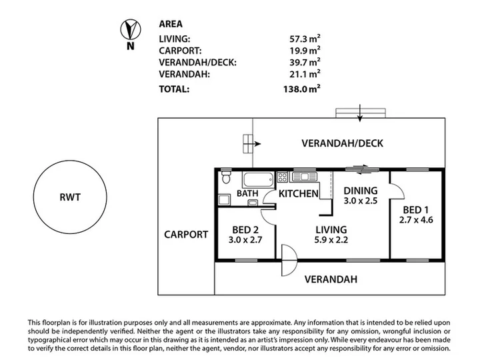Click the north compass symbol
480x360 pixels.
[131, 29]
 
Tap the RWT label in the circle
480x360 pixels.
[70, 197]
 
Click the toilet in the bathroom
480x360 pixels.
[226, 177]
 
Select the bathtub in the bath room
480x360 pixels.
[258, 180]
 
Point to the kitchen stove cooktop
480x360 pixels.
[282, 177]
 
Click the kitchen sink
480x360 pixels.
[304, 177]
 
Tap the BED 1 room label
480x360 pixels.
[416, 210]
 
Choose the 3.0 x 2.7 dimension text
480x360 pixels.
[245, 240]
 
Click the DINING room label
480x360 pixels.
[360, 191]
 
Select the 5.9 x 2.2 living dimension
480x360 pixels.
[331, 240]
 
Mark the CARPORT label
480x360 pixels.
[186, 235]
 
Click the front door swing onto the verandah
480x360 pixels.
[289, 260]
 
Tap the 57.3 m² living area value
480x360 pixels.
[305, 39]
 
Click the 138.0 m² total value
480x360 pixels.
[302, 89]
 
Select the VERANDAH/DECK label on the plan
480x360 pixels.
[342, 143]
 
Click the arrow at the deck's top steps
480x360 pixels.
[360, 113]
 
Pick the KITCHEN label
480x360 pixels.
[299, 193]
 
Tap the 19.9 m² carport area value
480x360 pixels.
[305, 51]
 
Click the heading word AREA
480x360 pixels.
[171, 24]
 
